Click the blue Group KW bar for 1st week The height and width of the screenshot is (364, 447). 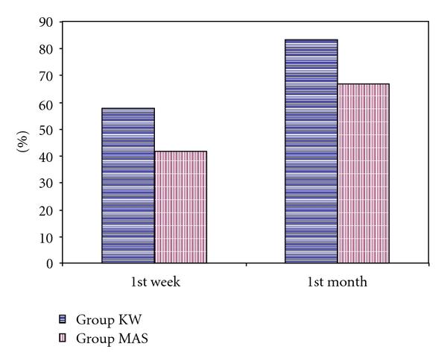pyautogui.click(x=128, y=186)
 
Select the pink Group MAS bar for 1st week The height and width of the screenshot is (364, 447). pyautogui.click(x=180, y=207)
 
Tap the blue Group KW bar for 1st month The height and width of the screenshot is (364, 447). pyautogui.click(x=311, y=151)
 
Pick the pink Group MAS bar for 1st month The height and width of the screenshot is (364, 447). pyautogui.click(x=363, y=173)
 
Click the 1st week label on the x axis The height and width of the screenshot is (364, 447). pyautogui.click(x=154, y=283)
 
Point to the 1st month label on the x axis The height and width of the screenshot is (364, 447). pyautogui.click(x=337, y=283)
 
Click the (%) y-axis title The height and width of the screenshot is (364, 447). pyautogui.click(x=22, y=142)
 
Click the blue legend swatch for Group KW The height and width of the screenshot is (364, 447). pyautogui.click(x=63, y=318)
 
